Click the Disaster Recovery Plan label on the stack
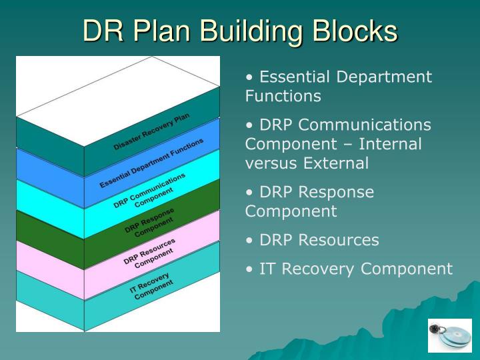[151, 131]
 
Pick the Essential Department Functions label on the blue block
[151, 163]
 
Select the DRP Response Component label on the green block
[150, 221]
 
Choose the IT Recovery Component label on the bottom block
[151, 285]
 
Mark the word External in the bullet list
[335, 163]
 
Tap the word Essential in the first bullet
[296, 77]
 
